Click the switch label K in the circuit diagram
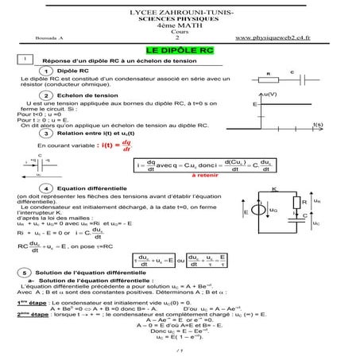[273, 188]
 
